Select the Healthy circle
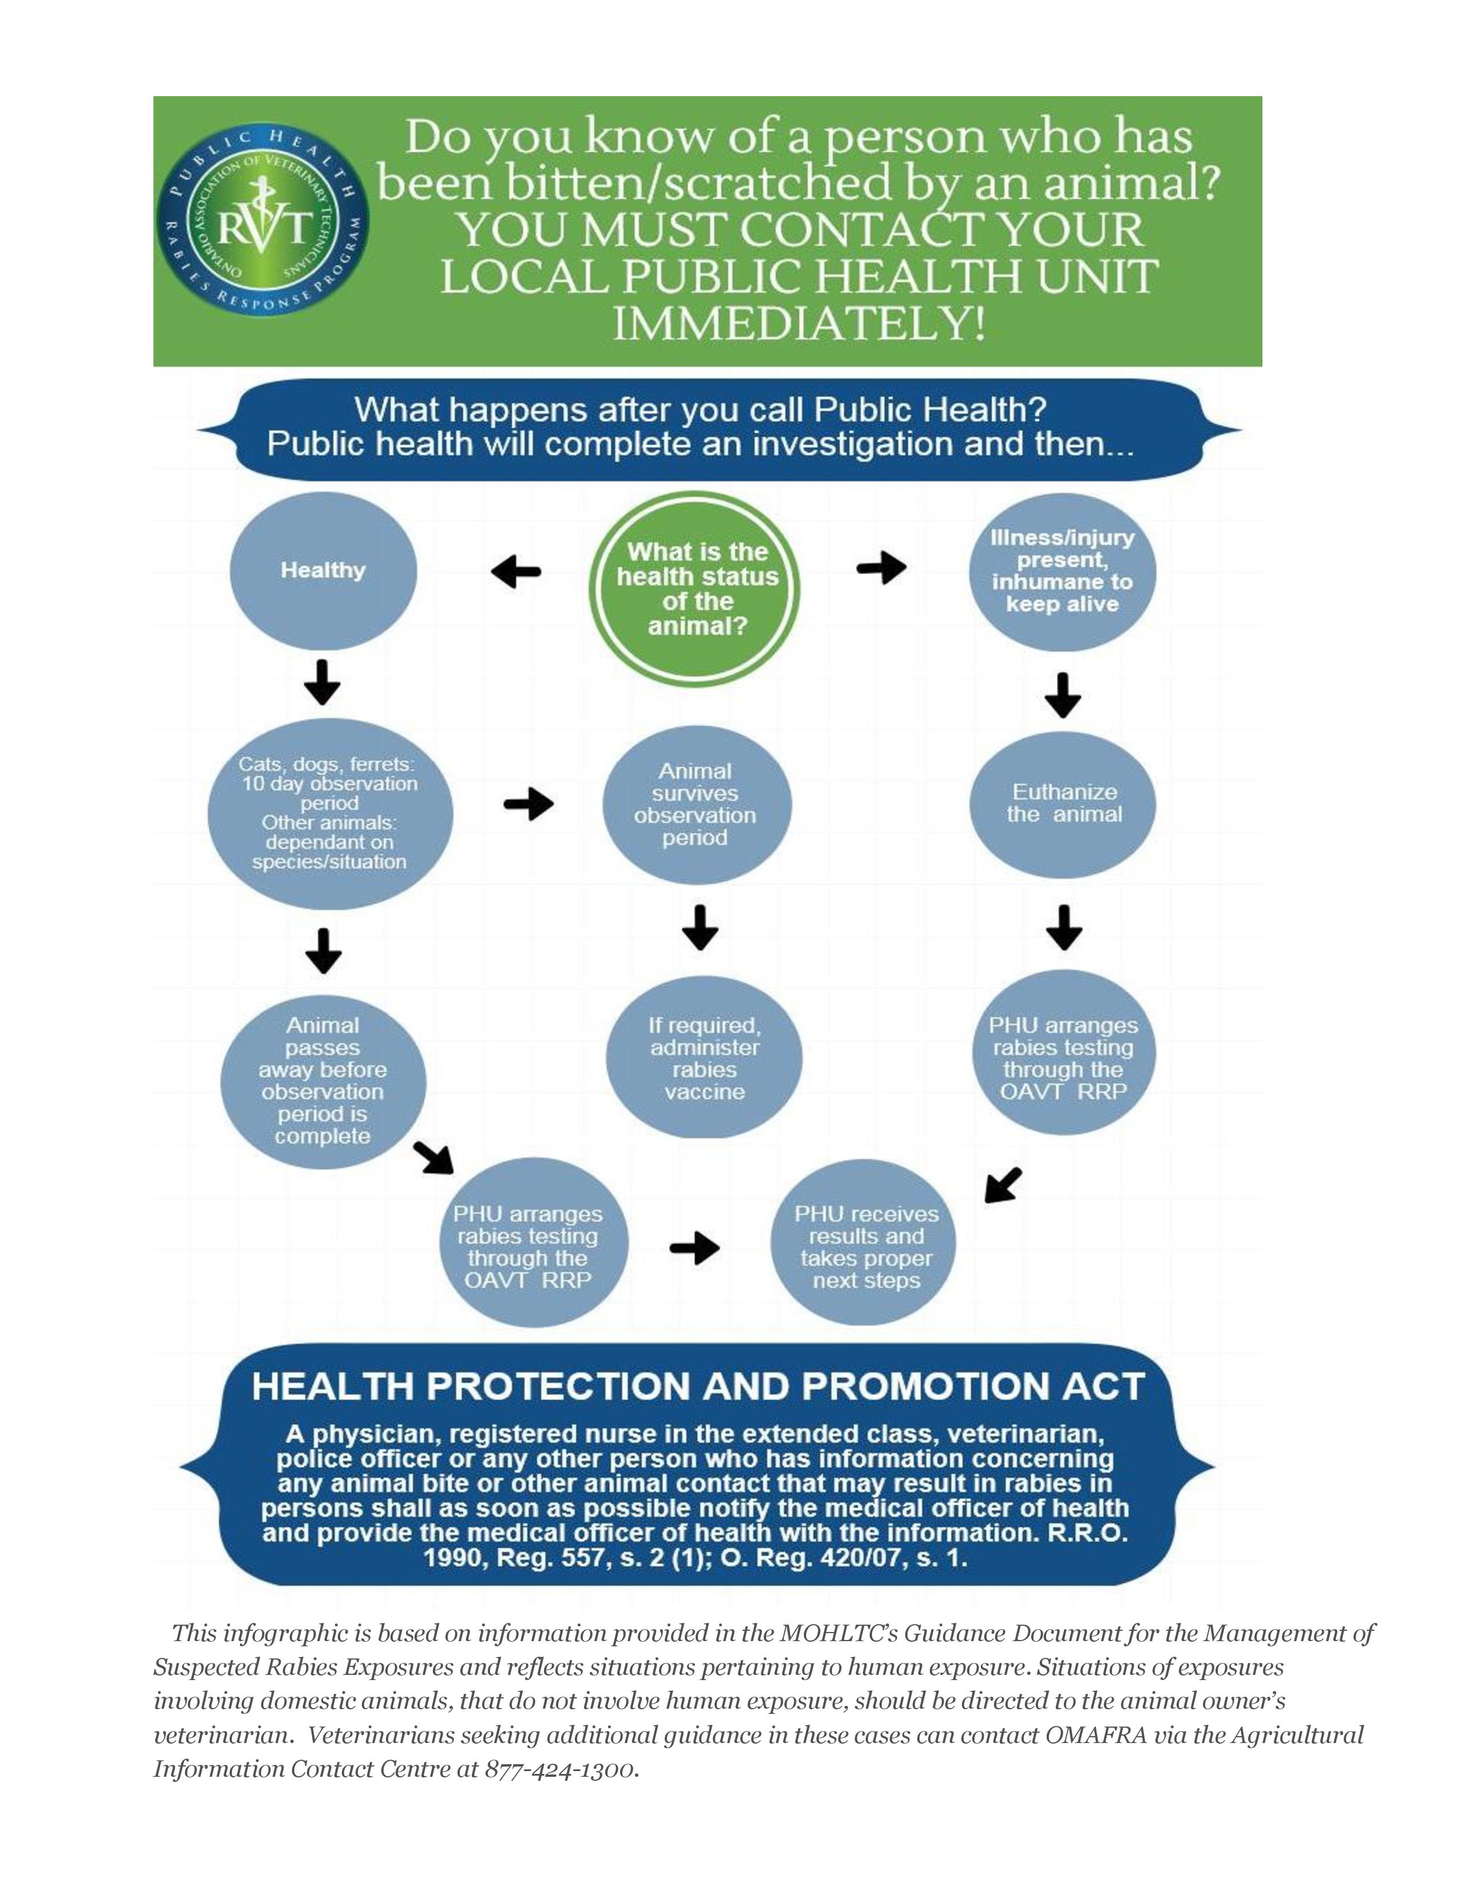click(x=322, y=571)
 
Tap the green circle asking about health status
click(x=695, y=588)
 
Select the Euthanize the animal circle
click(x=1063, y=804)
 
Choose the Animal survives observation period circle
click(x=696, y=804)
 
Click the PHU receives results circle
click(x=866, y=1246)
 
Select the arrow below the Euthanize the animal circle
click(x=1064, y=928)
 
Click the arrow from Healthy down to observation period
click(x=322, y=682)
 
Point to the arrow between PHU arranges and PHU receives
click(x=695, y=1247)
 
